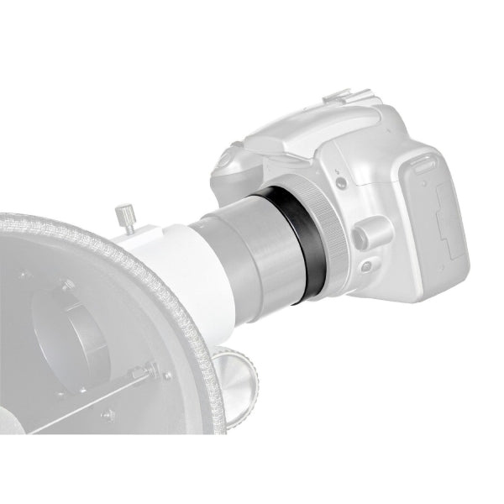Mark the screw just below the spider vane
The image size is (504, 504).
coord(109,415)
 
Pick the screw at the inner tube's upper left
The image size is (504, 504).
coord(26,274)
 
